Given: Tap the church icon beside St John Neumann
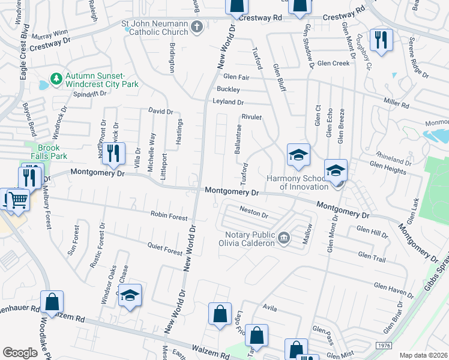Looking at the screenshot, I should pos(197,28).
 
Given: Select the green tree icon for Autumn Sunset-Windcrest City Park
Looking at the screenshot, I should pos(56,79).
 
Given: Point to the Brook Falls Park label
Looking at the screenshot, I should pos(52,151).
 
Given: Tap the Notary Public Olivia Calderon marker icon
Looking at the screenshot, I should pos(284,239).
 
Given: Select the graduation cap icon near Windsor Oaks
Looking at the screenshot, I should pos(130,296).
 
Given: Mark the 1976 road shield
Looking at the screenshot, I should pos(384,346).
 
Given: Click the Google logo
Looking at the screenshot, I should pos(20,352).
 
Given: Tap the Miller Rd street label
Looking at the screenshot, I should pos(396,105).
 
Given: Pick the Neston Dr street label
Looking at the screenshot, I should pos(253,211).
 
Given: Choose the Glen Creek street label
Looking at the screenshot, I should pos(333,63).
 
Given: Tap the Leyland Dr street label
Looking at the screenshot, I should pos(228,102).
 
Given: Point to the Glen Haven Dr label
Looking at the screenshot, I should pos(393,291).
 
